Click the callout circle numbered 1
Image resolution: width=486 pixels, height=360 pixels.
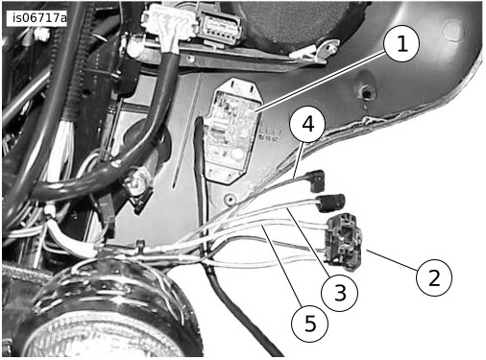(x=401, y=43)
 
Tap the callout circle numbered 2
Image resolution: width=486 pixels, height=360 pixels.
(x=434, y=277)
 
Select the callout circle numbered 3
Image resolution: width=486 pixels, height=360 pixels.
(x=339, y=293)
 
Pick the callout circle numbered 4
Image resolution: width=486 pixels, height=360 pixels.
(x=307, y=124)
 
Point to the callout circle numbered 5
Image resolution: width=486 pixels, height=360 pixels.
(x=309, y=324)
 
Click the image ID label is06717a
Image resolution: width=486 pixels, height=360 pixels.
(x=36, y=18)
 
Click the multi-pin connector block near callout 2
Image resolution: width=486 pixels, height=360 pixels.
(x=343, y=239)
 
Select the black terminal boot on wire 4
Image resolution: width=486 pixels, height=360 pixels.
(x=316, y=180)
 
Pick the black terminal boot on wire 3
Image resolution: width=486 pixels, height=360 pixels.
(x=331, y=203)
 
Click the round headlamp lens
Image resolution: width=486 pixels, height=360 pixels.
(x=106, y=338)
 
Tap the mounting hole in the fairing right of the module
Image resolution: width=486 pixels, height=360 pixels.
(x=366, y=93)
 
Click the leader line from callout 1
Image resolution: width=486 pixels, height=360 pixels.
(x=321, y=83)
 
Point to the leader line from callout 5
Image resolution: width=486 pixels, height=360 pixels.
(x=281, y=266)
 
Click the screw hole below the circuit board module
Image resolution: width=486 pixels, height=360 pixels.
(x=230, y=199)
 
